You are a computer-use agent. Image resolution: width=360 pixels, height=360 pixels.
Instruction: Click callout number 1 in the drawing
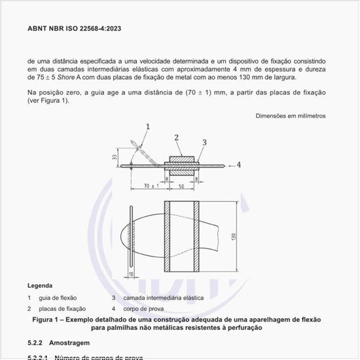148,126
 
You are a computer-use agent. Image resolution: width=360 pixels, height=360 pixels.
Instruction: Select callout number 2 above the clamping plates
177,137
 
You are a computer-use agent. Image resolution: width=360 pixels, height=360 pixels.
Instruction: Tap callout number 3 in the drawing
204,142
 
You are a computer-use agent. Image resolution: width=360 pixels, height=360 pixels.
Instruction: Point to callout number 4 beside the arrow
239,165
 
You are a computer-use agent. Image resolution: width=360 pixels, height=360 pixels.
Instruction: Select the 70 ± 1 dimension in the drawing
151,187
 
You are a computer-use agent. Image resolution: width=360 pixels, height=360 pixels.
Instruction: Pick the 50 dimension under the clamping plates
181,187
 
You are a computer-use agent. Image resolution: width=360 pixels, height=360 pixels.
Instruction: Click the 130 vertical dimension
234,236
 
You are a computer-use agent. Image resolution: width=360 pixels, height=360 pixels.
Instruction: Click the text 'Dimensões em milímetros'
291,116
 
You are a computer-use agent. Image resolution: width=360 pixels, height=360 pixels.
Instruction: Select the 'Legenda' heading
41,286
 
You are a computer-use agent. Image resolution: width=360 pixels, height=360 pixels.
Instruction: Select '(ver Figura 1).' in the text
48,101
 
